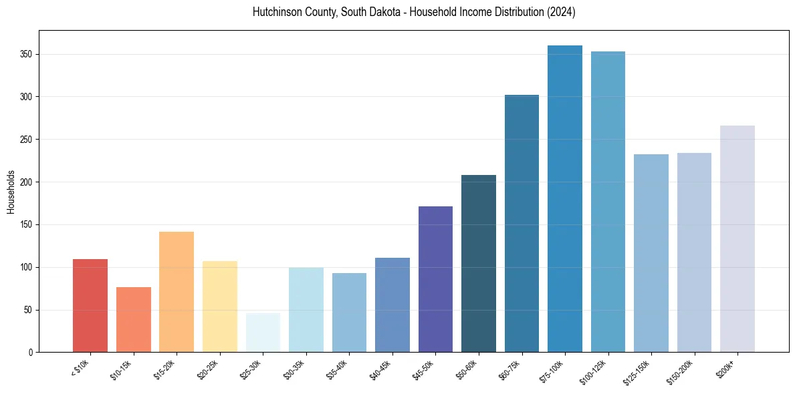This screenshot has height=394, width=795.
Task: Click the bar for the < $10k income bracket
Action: click(x=90, y=305)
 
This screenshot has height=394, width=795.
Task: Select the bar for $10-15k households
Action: click(x=134, y=319)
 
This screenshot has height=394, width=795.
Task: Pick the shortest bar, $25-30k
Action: click(x=263, y=333)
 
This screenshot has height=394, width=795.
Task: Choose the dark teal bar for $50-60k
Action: click(x=479, y=264)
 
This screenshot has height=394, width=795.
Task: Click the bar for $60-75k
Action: click(x=522, y=224)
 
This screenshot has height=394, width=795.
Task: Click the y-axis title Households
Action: click(x=11, y=192)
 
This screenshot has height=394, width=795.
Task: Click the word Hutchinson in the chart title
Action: click(x=277, y=12)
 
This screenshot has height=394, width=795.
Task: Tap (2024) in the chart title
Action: click(x=561, y=12)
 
